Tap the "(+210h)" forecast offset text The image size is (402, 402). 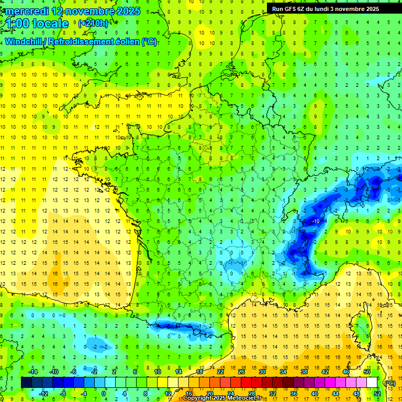point(94,24)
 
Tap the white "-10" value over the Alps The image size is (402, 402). point(316,221)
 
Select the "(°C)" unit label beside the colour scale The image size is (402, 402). point(389,383)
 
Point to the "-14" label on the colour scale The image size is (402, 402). point(33,372)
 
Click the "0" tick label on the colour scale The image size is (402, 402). point(104,393)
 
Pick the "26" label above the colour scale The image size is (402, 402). point(241,372)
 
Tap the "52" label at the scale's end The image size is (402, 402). point(377,393)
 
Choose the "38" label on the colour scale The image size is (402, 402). point(304,372)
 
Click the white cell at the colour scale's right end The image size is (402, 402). point(372,383)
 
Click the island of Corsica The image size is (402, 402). point(360,325)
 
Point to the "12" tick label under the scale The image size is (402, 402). point(169,393)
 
